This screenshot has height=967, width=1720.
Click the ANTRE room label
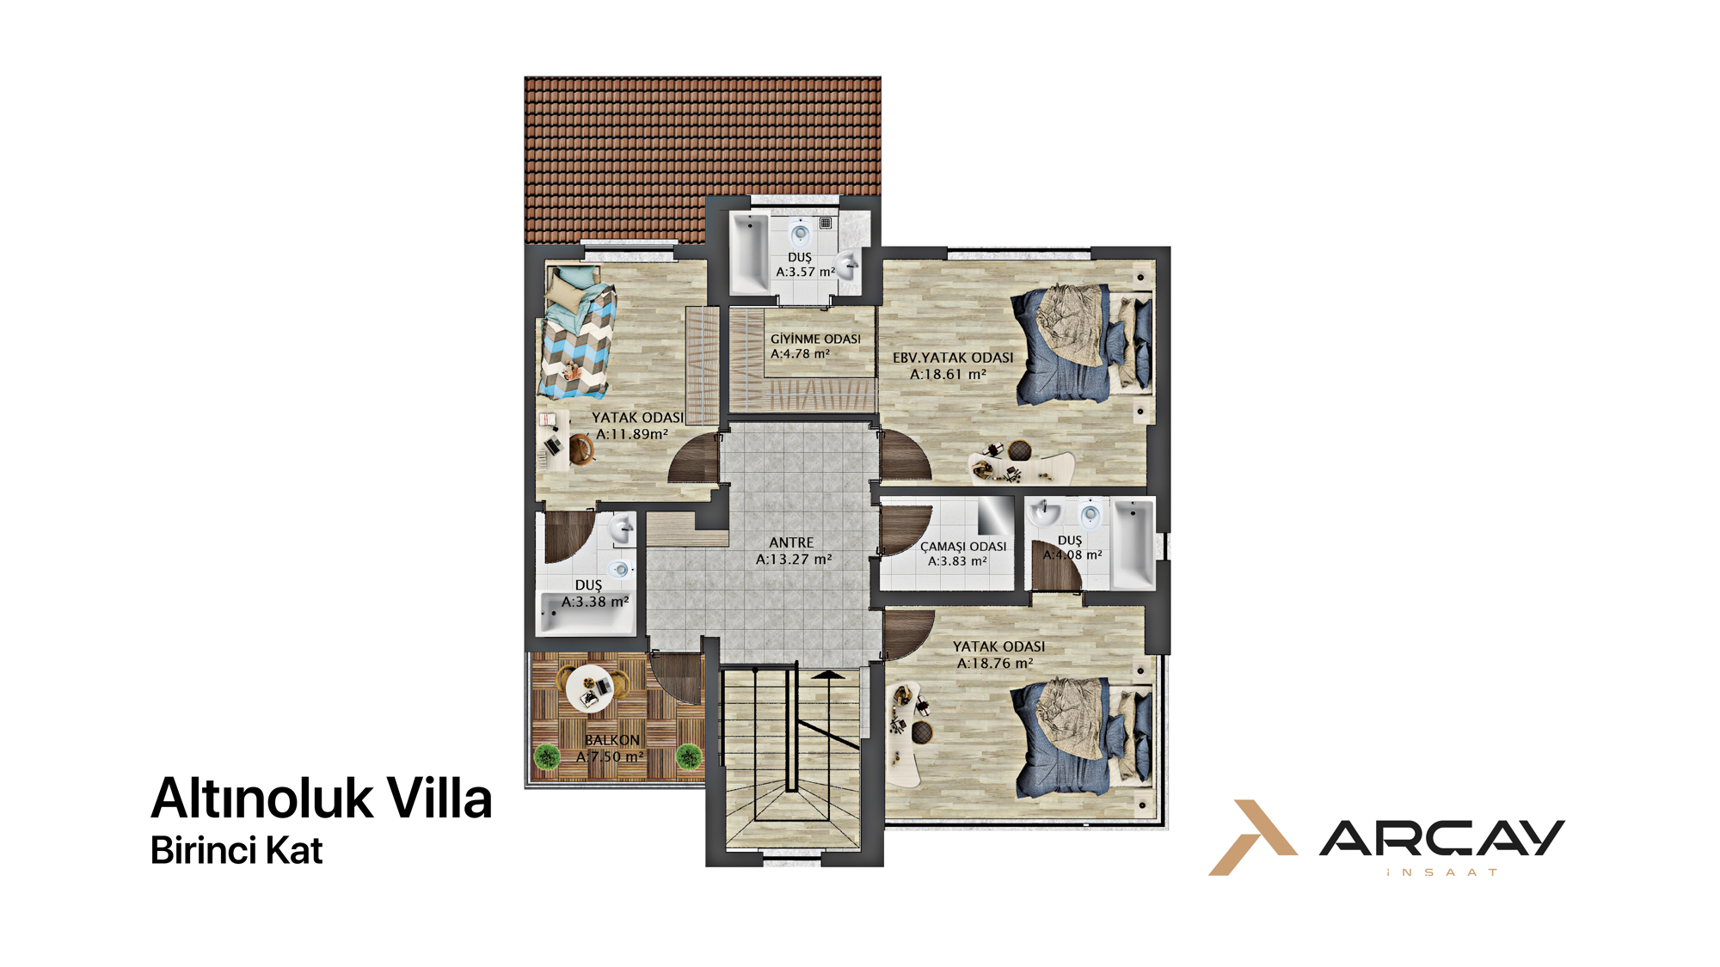coord(791,542)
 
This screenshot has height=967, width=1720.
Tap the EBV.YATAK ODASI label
coord(953,358)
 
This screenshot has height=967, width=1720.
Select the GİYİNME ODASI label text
coord(815,340)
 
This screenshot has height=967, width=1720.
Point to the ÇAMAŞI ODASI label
coord(963,547)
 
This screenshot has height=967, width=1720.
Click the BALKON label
coord(612,740)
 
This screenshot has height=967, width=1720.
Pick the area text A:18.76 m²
coord(995,664)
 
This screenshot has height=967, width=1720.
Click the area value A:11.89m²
coord(632,434)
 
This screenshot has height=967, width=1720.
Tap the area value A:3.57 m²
coord(806,272)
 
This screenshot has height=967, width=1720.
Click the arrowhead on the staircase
coord(829,675)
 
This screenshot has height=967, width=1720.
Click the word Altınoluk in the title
coord(261,799)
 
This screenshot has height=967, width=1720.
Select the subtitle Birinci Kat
coord(236,850)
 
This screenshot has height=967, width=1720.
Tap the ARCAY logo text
coord(1442,838)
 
